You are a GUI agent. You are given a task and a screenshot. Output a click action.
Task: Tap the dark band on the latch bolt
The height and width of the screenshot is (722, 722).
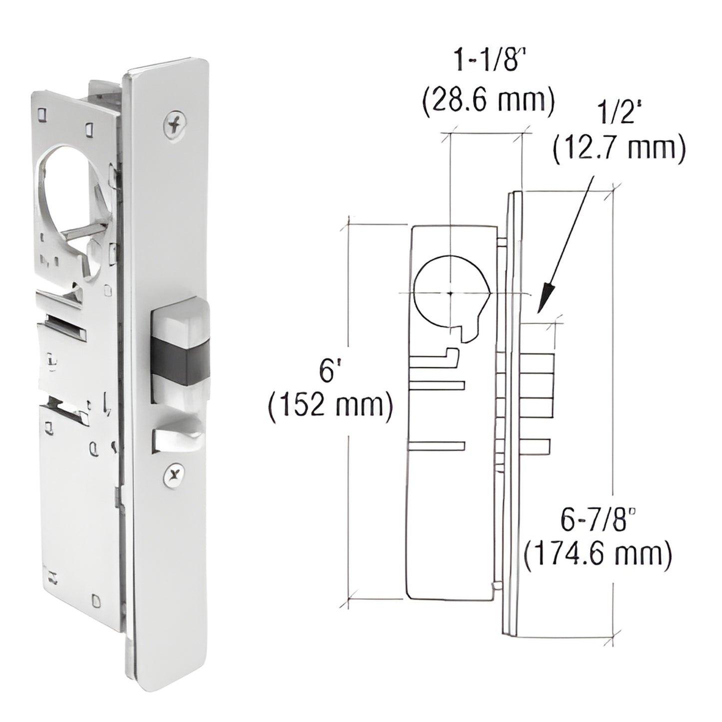click(x=180, y=359)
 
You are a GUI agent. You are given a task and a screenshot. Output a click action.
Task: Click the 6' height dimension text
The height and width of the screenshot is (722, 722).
click(x=327, y=372)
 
